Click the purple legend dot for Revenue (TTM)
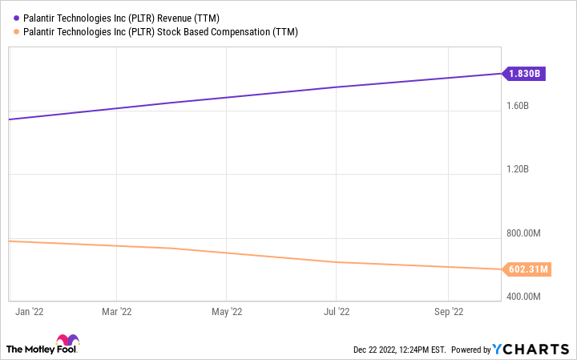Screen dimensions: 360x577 point(17,16)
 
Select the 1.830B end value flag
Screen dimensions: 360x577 point(525,74)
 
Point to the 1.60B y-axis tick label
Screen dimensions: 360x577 point(517,105)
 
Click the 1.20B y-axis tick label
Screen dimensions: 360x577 point(517,169)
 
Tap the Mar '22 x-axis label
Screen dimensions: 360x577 point(117,312)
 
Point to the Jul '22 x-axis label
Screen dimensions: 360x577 point(336,312)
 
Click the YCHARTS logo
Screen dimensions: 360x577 point(532,349)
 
